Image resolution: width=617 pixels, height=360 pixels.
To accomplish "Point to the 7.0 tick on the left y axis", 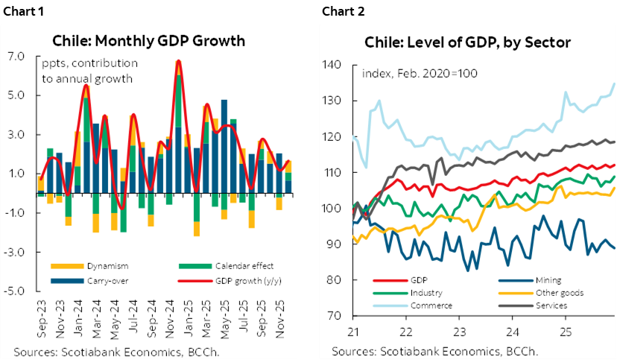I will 16,57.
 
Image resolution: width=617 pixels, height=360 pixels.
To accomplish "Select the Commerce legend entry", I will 432,305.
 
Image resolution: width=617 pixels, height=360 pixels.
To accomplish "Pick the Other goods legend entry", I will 555,293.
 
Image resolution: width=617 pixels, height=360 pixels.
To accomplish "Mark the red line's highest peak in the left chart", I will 178,60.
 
